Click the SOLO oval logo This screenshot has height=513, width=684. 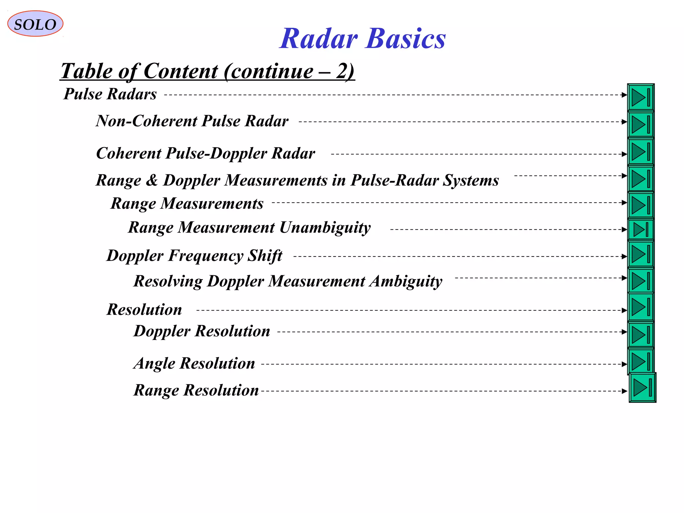point(35,24)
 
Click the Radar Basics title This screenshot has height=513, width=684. point(362,38)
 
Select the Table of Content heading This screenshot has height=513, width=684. point(207,71)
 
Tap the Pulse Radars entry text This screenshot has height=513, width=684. point(110,94)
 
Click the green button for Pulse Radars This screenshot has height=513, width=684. point(640,97)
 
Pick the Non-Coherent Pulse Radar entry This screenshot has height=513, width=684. point(192,121)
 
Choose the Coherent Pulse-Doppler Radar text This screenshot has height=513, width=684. point(205,153)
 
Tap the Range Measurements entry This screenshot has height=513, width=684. point(187,203)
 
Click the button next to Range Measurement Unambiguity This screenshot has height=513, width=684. point(640,229)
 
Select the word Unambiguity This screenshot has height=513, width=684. point(325,227)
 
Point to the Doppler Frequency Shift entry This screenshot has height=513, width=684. point(194,256)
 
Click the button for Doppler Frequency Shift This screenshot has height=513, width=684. point(640,254)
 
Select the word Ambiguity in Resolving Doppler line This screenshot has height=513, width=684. point(405,281)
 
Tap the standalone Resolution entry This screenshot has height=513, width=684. point(144,309)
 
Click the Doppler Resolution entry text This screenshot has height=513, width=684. point(202,331)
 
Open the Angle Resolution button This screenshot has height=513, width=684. point(640,361)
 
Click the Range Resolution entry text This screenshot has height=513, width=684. point(196,390)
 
